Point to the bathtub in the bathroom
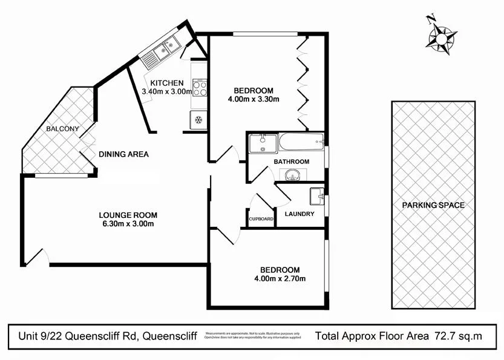(300, 143)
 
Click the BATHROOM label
(291, 162)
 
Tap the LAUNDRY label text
(299, 214)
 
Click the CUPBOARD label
(261, 219)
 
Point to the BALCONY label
(62, 129)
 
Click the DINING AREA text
(123, 154)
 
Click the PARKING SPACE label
(433, 205)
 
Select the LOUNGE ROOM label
(128, 215)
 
